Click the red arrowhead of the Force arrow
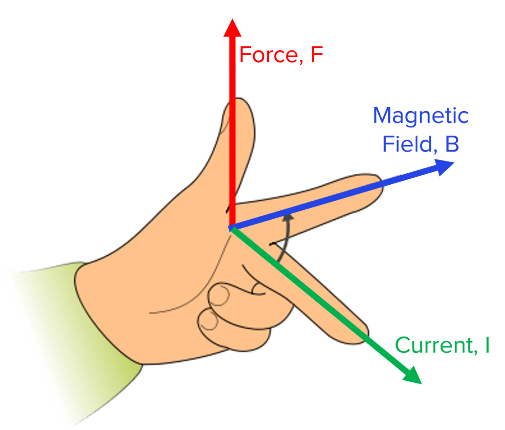[232, 29]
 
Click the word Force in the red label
[267, 55]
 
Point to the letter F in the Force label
[317, 55]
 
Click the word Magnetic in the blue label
[420, 117]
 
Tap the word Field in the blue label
[407, 144]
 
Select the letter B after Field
[451, 144]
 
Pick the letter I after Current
[487, 345]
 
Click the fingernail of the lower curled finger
[209, 321]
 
